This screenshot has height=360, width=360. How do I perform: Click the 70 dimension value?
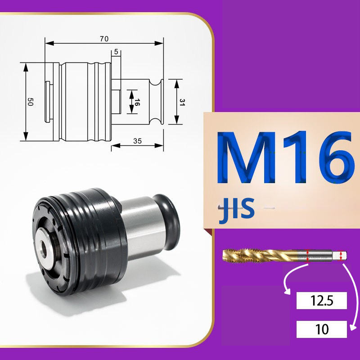pyautogui.click(x=104, y=39)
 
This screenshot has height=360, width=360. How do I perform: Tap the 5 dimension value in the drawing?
pyautogui.click(x=116, y=52)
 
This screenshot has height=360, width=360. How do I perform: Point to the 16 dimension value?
pyautogui.click(x=137, y=102)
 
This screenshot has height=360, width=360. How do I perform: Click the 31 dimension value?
pyautogui.click(x=182, y=102)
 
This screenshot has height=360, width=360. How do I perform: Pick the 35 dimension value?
pyautogui.click(x=137, y=141)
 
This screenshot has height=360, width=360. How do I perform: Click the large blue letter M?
pyautogui.click(x=247, y=157)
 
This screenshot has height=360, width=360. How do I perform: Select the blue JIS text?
pyautogui.click(x=237, y=210)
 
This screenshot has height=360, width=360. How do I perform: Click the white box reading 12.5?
pyautogui.click(x=321, y=301)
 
